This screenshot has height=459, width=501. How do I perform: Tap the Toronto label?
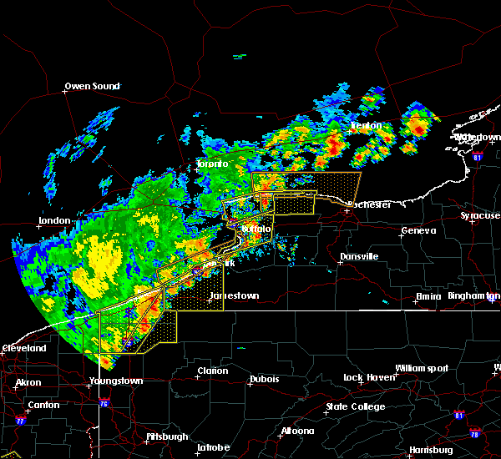click(212, 164)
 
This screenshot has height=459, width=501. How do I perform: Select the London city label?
click(53, 221)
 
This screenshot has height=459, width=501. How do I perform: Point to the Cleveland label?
click(23, 347)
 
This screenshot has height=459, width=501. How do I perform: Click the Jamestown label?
click(235, 295)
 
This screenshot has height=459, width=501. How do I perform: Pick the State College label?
click(355, 406)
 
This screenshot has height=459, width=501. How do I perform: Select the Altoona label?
click(297, 431)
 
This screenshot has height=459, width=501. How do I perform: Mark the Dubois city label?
click(263, 381)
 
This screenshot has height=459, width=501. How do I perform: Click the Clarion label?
click(212, 371)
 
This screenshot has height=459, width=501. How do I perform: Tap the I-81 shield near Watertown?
click(477, 156)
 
